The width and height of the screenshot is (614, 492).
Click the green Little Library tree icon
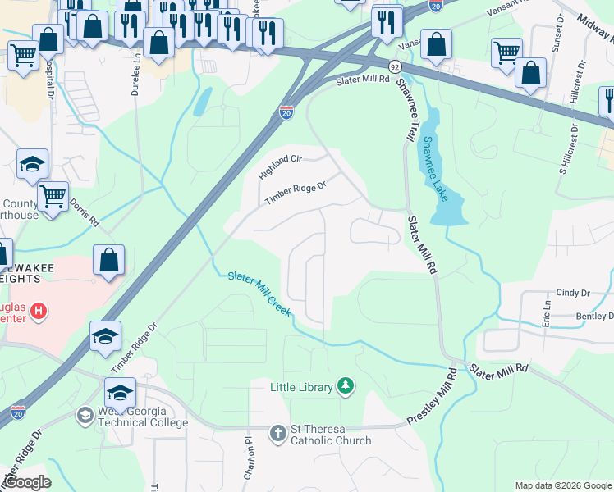click(346, 386)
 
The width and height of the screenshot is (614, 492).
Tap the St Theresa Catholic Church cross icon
click(278, 432)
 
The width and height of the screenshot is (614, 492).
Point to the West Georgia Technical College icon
click(85, 416)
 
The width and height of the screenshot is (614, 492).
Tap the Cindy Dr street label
click(573, 293)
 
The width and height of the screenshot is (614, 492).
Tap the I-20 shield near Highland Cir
click(286, 112)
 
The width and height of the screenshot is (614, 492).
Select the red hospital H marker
click(38, 312)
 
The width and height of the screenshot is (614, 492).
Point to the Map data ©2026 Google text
click(563, 485)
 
